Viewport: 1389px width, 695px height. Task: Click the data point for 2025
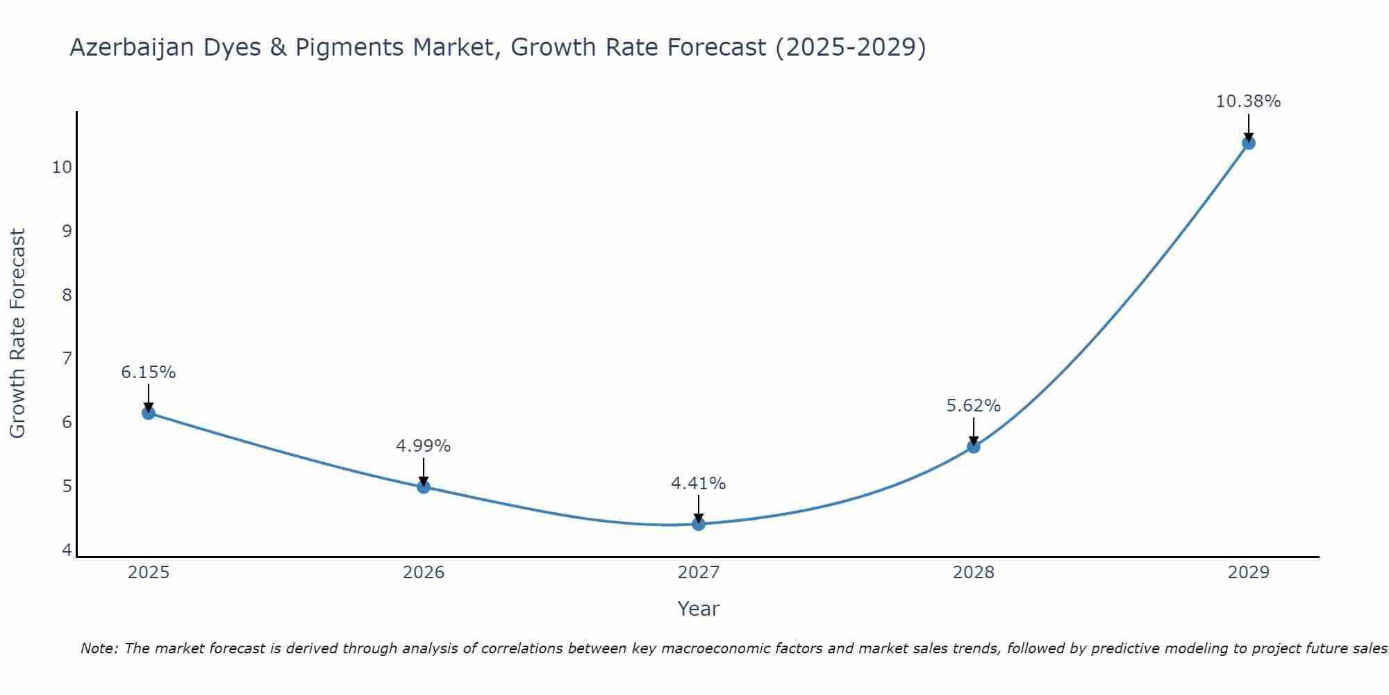149,413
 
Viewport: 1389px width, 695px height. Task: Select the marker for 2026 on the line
424,486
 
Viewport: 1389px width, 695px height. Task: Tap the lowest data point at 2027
699,524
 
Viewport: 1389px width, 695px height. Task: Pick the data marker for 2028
974,446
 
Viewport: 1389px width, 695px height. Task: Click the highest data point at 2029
1249,143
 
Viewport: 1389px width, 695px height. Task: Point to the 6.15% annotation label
149,373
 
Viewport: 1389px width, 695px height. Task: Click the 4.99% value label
424,446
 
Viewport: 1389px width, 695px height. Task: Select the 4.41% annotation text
699,483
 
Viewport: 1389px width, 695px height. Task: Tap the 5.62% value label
974,405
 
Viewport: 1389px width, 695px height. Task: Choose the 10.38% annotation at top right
1249,101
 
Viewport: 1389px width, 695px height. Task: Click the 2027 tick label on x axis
699,573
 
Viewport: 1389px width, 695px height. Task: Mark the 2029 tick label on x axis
1249,573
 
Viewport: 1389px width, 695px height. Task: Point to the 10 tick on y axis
62,167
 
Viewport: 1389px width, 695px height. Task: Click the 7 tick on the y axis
67,359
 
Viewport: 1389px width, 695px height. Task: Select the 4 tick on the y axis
67,550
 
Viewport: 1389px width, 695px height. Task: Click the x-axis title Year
699,609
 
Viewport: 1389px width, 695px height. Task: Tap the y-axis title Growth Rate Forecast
18,334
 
